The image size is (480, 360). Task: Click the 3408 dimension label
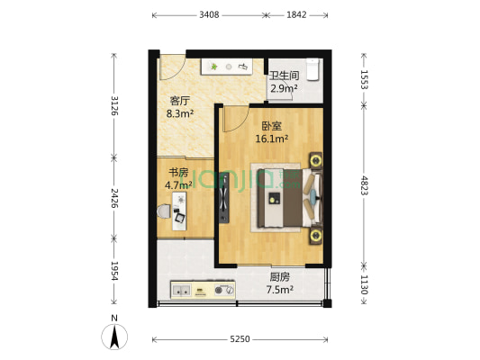coord(209,14)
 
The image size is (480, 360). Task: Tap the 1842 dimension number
coord(296,14)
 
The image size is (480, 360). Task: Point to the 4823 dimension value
coord(364,184)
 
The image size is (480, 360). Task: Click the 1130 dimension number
coord(364,285)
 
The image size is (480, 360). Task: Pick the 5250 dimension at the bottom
coord(239,339)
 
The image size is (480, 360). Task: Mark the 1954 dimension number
coord(113,269)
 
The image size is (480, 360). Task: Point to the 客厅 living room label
coord(180,101)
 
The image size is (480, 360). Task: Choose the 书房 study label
coord(178,172)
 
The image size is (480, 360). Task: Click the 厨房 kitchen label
coord(279,276)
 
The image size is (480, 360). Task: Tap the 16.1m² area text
coord(271,139)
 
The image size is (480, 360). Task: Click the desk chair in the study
coord(180,217)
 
